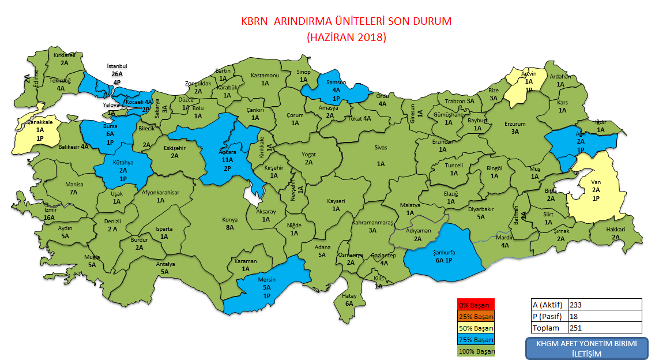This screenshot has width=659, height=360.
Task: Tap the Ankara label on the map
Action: (x=227, y=152)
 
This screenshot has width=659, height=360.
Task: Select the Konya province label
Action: (x=229, y=219)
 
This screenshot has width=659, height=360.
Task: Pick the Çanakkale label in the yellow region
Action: (x=40, y=122)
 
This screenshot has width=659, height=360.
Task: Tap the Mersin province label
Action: (x=267, y=280)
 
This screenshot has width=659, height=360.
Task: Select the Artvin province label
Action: (x=529, y=74)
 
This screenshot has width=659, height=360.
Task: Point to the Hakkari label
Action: (x=615, y=229)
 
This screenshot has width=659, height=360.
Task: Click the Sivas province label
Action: (x=381, y=148)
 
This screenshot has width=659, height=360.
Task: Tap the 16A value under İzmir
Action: (x=48, y=217)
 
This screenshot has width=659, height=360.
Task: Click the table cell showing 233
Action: (x=604, y=305)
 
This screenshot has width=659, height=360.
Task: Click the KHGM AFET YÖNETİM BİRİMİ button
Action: (x=586, y=348)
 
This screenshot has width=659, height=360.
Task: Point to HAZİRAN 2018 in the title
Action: (x=346, y=37)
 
